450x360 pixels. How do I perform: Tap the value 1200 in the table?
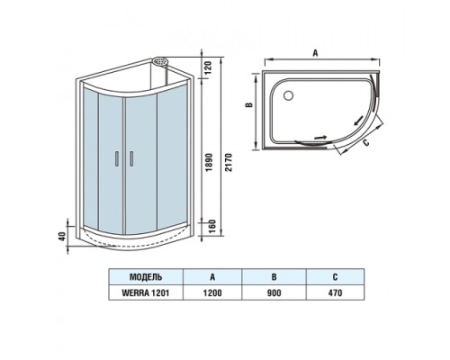click(213, 293)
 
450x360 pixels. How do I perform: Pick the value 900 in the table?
click(274, 293)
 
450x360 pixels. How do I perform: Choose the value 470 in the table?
click(336, 293)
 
